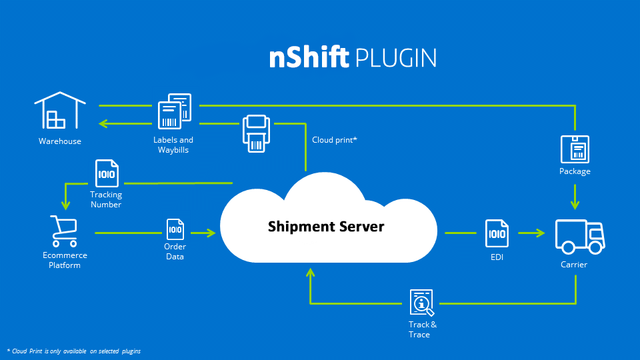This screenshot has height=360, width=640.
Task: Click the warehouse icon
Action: click(60, 111)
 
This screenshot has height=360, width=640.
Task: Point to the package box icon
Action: click(575, 149)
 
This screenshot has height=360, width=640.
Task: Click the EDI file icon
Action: click(497, 233)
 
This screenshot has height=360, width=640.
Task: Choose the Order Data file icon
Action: click(175, 230)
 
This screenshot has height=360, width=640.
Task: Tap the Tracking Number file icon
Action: click(107, 174)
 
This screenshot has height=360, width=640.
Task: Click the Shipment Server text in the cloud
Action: click(326, 227)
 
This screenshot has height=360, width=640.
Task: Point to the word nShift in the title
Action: click(309, 58)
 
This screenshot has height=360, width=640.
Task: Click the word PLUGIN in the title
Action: click(396, 59)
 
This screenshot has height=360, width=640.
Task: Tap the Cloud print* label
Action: click(335, 140)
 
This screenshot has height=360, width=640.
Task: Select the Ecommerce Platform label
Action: click(65, 260)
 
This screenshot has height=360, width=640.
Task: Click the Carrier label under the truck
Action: click(573, 265)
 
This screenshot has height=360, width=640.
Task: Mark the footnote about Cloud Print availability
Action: click(74, 351)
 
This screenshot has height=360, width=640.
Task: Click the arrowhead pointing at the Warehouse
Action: click(103, 123)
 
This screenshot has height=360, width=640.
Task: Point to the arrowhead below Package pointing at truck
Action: click(575, 205)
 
